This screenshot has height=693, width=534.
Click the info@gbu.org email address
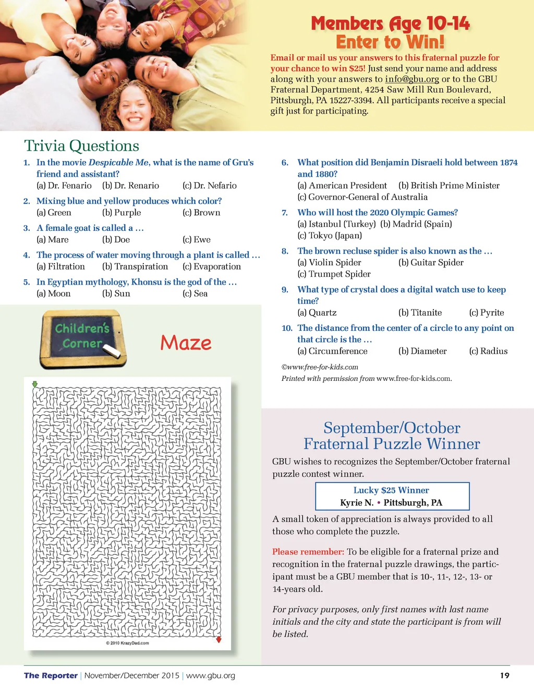click(x=412, y=79)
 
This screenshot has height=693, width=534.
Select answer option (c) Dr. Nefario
click(x=210, y=185)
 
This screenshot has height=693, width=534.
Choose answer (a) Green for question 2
click(x=54, y=213)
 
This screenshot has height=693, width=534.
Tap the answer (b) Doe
click(x=116, y=240)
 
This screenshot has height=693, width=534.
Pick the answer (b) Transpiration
click(x=135, y=267)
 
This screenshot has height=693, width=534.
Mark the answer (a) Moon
click(x=53, y=294)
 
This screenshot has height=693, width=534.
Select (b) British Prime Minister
click(x=449, y=185)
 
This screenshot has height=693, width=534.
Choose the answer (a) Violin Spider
click(x=329, y=263)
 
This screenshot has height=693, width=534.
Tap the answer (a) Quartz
click(x=317, y=313)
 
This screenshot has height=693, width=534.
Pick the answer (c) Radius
click(x=488, y=351)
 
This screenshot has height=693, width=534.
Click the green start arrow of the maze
click(x=35, y=385)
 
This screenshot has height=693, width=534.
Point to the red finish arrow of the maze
click(x=219, y=639)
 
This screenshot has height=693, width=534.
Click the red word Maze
click(x=186, y=343)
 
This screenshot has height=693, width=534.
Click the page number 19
click(x=504, y=676)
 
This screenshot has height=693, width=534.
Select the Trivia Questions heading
click(x=82, y=146)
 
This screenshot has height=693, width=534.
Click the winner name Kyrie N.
click(x=357, y=503)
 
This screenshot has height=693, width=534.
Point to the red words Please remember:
click(x=308, y=552)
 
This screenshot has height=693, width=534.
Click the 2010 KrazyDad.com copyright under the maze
click(x=127, y=643)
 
